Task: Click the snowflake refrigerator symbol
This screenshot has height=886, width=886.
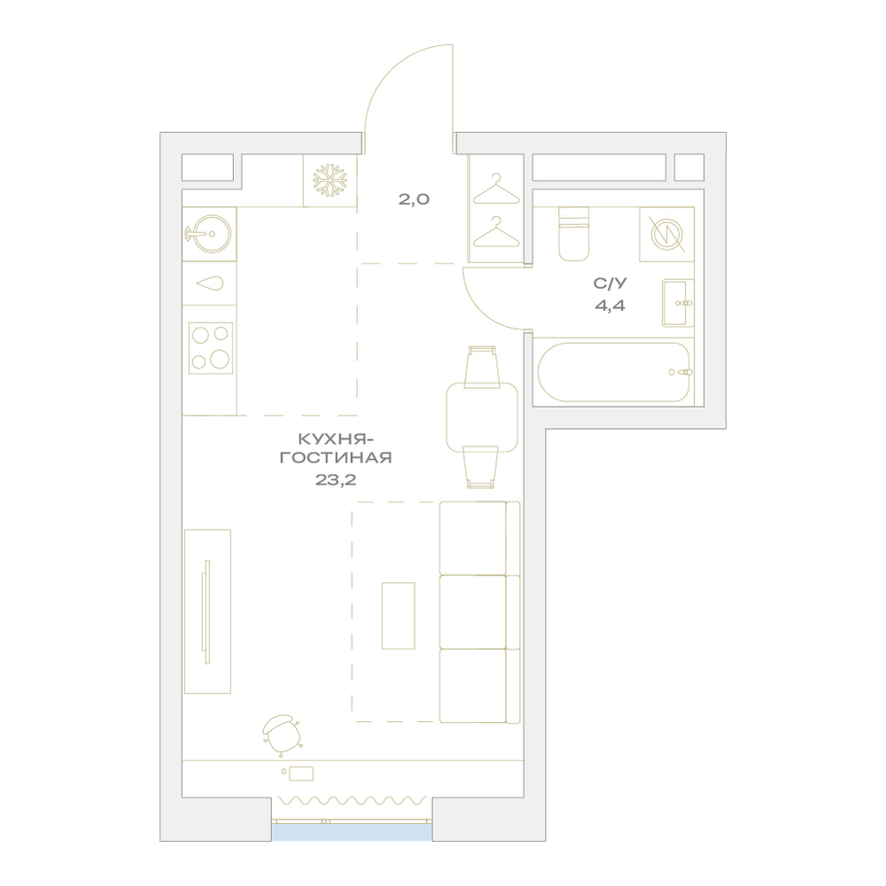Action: (330, 180)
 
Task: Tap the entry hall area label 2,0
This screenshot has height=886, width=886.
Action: (414, 198)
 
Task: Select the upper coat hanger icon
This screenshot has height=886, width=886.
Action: (495, 188)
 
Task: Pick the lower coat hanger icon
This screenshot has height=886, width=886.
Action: (495, 231)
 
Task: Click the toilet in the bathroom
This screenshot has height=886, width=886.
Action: (573, 233)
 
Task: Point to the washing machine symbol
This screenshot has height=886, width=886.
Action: (667, 235)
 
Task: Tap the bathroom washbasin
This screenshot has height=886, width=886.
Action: (678, 303)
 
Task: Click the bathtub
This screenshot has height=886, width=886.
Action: (614, 372)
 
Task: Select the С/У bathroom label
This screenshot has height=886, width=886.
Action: (610, 282)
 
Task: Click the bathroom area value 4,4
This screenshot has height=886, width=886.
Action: (610, 306)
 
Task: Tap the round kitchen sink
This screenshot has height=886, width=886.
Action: (209, 233)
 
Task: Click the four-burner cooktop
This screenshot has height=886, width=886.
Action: (211, 347)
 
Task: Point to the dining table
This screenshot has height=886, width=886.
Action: (482, 417)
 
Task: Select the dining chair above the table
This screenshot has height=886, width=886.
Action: (481, 368)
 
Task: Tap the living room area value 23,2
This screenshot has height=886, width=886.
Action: (337, 480)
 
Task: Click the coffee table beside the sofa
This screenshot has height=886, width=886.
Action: (399, 616)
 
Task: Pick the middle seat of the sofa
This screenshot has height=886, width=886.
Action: (472, 612)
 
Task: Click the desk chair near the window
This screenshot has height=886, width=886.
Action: (282, 734)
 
